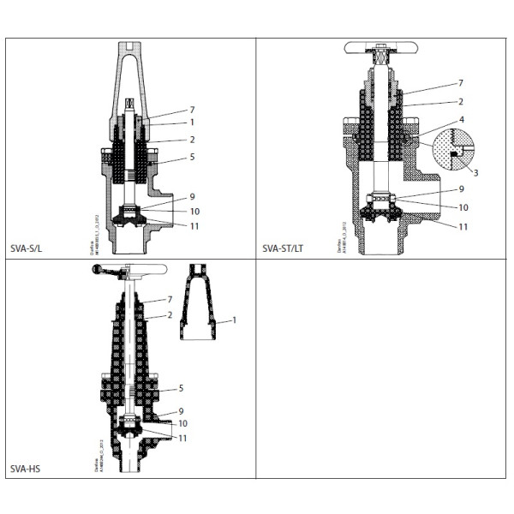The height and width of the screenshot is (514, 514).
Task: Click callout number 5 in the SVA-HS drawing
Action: tap(181, 388)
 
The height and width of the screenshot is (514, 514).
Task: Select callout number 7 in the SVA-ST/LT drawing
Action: tap(461, 83)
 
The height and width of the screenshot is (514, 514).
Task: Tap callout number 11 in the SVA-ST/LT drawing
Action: tap(463, 227)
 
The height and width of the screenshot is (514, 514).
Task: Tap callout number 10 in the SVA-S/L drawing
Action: tap(195, 211)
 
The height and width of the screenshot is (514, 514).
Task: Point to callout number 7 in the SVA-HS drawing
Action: tap(181, 300)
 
